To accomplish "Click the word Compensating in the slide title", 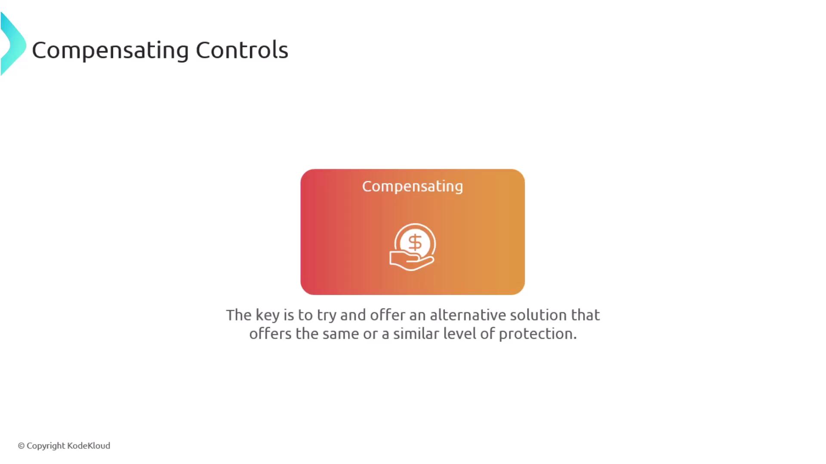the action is point(111,51).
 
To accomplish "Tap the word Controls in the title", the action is point(242,50).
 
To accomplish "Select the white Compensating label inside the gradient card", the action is point(413,186).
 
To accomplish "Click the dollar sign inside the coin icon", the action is point(415,243).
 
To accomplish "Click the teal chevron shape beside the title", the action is point(13,44).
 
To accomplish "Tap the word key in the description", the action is point(268,315).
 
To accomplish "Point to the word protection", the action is point(538,334).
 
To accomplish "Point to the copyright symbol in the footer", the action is point(21,446).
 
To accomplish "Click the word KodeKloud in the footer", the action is point(89,446).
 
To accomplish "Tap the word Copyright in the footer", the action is point(46,446).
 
